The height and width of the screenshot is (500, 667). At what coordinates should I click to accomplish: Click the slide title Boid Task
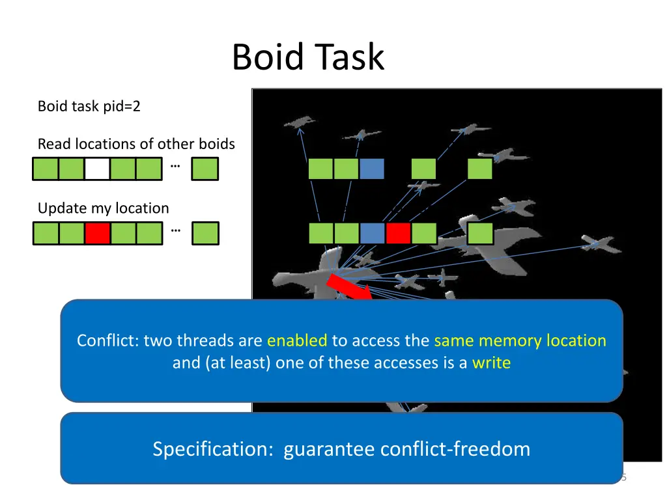pyautogui.click(x=308, y=57)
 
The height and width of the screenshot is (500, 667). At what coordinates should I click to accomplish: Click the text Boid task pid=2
pyautogui.click(x=89, y=106)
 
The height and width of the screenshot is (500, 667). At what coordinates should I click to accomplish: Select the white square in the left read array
pyautogui.click(x=97, y=169)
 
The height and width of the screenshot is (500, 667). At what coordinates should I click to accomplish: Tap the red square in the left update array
pyautogui.click(x=98, y=233)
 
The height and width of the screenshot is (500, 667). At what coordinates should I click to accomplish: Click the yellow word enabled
pyautogui.click(x=297, y=340)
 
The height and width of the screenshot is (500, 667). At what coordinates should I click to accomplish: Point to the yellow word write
pyautogui.click(x=491, y=363)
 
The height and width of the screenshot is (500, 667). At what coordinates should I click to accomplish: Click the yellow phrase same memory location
pyautogui.click(x=520, y=340)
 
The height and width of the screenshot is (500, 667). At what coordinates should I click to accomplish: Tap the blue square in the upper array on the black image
pyautogui.click(x=372, y=169)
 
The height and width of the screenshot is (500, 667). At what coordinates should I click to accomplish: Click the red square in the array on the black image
pyautogui.click(x=398, y=233)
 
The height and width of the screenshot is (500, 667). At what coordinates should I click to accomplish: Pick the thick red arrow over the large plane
pyautogui.click(x=348, y=289)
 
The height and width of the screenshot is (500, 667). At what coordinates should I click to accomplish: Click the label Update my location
pyautogui.click(x=103, y=208)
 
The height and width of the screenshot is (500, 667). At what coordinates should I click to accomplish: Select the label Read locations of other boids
pyautogui.click(x=136, y=144)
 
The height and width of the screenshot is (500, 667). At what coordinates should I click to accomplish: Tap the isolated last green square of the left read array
pyautogui.click(x=205, y=169)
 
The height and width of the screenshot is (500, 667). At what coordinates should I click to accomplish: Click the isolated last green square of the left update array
pyautogui.click(x=205, y=233)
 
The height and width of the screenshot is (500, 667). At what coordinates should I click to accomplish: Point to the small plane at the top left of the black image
pyautogui.click(x=299, y=122)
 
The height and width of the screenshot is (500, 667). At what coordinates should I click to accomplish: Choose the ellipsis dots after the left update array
pyautogui.click(x=175, y=229)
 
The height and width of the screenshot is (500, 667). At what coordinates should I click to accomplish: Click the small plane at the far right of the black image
pyautogui.click(x=600, y=245)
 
